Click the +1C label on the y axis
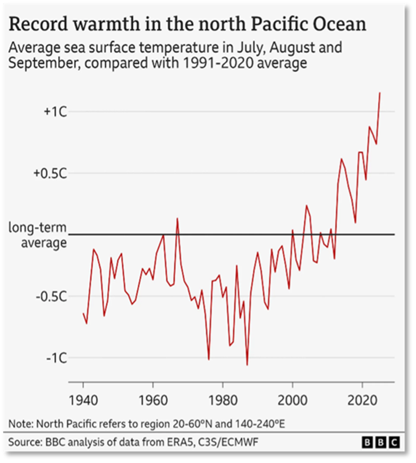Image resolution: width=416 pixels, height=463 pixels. click(55, 112)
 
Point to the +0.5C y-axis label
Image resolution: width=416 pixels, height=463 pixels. click(50, 173)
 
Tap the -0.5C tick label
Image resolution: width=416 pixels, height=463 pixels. click(52, 296)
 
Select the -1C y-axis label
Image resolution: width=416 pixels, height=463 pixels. click(57, 358)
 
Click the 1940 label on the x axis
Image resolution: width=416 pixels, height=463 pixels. click(83, 400)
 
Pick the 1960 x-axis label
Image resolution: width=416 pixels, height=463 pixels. click(153, 400)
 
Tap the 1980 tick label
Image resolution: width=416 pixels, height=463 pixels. click(223, 400)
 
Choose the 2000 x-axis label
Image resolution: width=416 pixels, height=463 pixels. click(292, 400)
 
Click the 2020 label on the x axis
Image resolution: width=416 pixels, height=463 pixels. click(362, 400)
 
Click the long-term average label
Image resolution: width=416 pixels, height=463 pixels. click(38, 235)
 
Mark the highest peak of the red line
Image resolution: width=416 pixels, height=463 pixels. click(380, 93)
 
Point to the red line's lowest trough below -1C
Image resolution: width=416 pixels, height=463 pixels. click(247, 365)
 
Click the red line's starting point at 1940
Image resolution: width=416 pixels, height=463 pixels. click(83, 313)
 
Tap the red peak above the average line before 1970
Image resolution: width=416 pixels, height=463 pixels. click(177, 218)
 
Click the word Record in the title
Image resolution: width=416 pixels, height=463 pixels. click(39, 23)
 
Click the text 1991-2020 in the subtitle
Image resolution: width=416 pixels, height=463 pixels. click(218, 63)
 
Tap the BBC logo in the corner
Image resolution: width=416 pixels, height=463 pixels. click(381, 442)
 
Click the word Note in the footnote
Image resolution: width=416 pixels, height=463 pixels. click(20, 424)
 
